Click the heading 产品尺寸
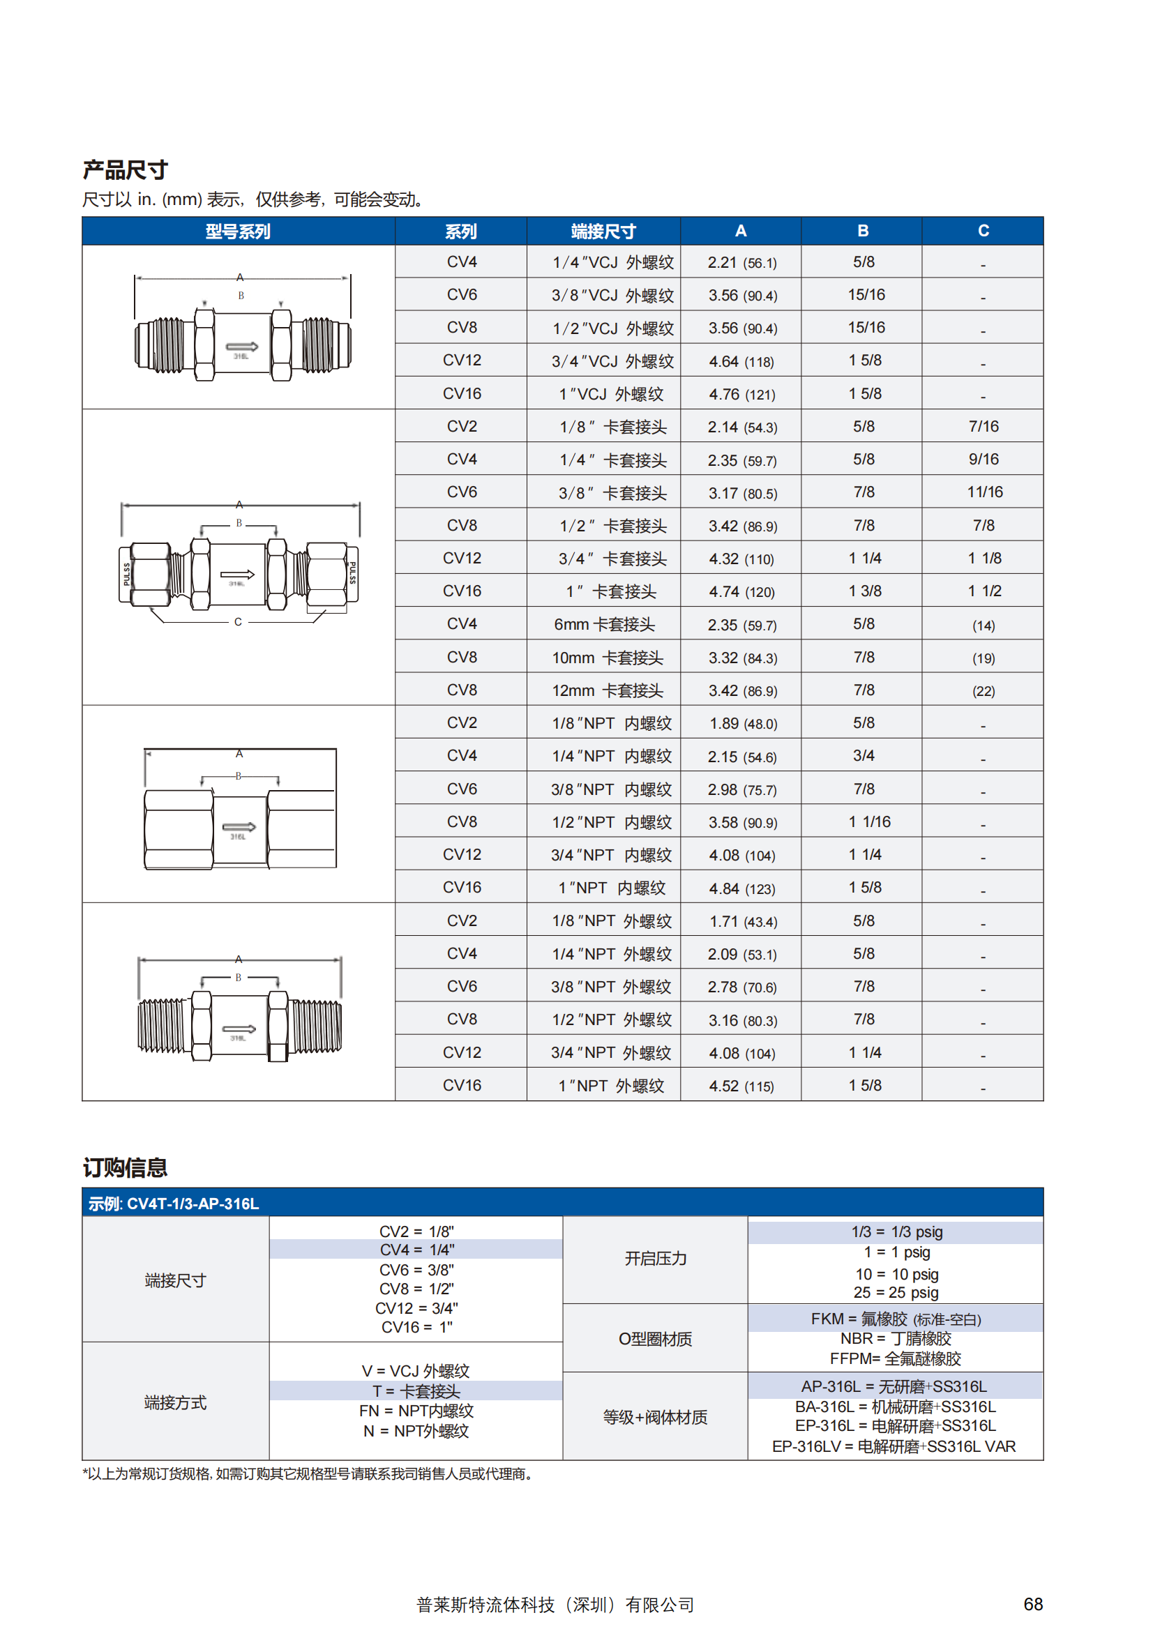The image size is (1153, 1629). [x=125, y=170]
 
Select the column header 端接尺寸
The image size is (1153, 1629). [x=603, y=232]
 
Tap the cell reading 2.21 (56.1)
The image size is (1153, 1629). [x=741, y=263]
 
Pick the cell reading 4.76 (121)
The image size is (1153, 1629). [x=741, y=394]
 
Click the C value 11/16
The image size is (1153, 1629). [x=984, y=492]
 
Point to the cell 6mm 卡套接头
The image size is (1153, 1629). [x=603, y=625]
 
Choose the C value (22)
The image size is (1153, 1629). [x=984, y=690]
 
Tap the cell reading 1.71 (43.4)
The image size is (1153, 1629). [x=741, y=921]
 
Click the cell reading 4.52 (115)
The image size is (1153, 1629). [x=741, y=1086]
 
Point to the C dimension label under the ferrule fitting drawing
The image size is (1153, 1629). [x=238, y=622]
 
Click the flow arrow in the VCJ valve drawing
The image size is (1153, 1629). [x=241, y=347]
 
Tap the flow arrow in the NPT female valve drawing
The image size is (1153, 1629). [x=239, y=826]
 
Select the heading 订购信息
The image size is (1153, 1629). [x=125, y=1167]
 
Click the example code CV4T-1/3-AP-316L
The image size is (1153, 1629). [x=193, y=1204]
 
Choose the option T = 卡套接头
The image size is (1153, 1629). [x=416, y=1391]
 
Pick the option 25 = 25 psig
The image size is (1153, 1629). [x=896, y=1293]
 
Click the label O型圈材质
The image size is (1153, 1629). [x=654, y=1339]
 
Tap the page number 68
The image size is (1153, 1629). [x=1032, y=1604]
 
